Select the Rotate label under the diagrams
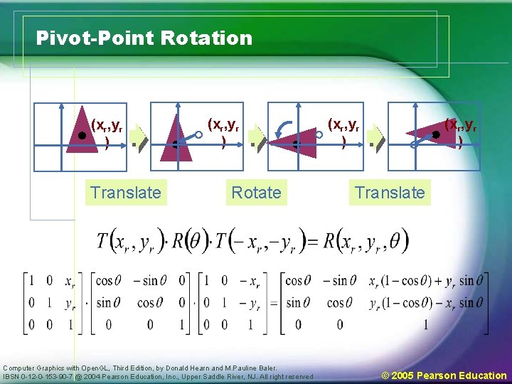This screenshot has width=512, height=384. click(256, 192)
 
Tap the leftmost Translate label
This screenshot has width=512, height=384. click(125, 192)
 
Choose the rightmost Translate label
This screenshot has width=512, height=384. click(390, 192)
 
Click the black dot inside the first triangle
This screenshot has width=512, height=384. click(82, 134)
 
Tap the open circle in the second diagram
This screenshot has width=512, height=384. click(199, 134)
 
